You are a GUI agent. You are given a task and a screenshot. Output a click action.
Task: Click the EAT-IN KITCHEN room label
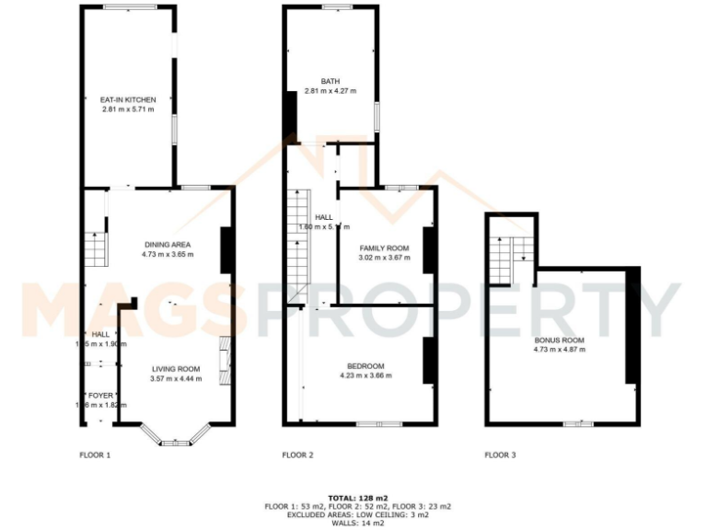pos(128,99)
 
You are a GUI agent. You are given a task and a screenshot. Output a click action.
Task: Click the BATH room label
pos(330,81)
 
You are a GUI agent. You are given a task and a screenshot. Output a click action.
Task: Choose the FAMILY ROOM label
pos(383,248)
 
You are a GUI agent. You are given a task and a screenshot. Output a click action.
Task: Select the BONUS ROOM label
pos(560,340)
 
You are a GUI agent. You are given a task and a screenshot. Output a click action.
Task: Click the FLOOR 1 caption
pos(95,455)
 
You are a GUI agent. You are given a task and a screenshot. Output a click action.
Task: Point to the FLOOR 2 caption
pos(298,455)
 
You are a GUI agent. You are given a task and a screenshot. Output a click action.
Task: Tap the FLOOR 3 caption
pos(501,455)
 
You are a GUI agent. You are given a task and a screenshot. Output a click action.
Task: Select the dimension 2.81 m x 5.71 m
pos(128,109)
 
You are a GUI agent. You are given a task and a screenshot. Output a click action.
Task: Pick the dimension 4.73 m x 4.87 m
pos(560,350)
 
